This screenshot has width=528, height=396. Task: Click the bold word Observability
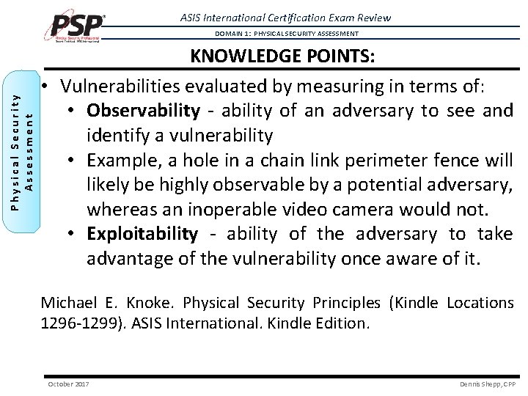[143, 110]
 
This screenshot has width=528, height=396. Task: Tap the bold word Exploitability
[142, 234]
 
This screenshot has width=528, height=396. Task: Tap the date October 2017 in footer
[67, 384]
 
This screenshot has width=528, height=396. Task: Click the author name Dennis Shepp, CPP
[487, 384]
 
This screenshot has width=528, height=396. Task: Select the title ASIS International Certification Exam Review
[285, 18]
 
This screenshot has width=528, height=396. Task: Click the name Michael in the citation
[68, 302]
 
